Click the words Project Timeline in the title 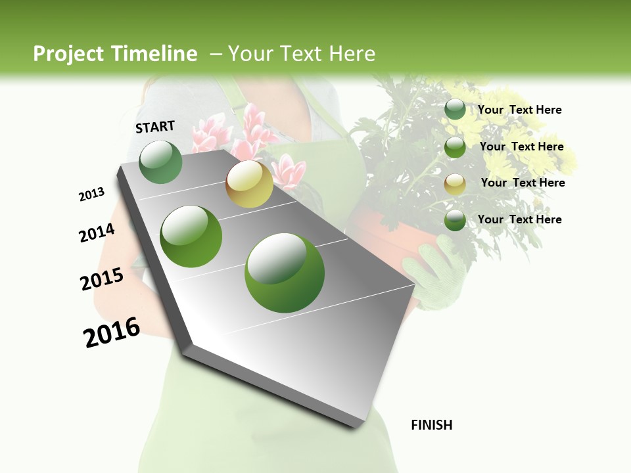point(115,54)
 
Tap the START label point(155,127)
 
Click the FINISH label point(431,425)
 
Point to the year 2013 point(92,194)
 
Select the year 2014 point(97,233)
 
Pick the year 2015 point(102,279)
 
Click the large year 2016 point(112,332)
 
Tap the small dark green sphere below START point(160,162)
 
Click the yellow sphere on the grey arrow point(249,184)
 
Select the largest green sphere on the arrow point(284,273)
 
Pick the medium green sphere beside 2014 point(191,236)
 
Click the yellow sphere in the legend point(455,184)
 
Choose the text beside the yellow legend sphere point(523,183)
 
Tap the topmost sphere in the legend point(455,110)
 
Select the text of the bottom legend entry point(519,219)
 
